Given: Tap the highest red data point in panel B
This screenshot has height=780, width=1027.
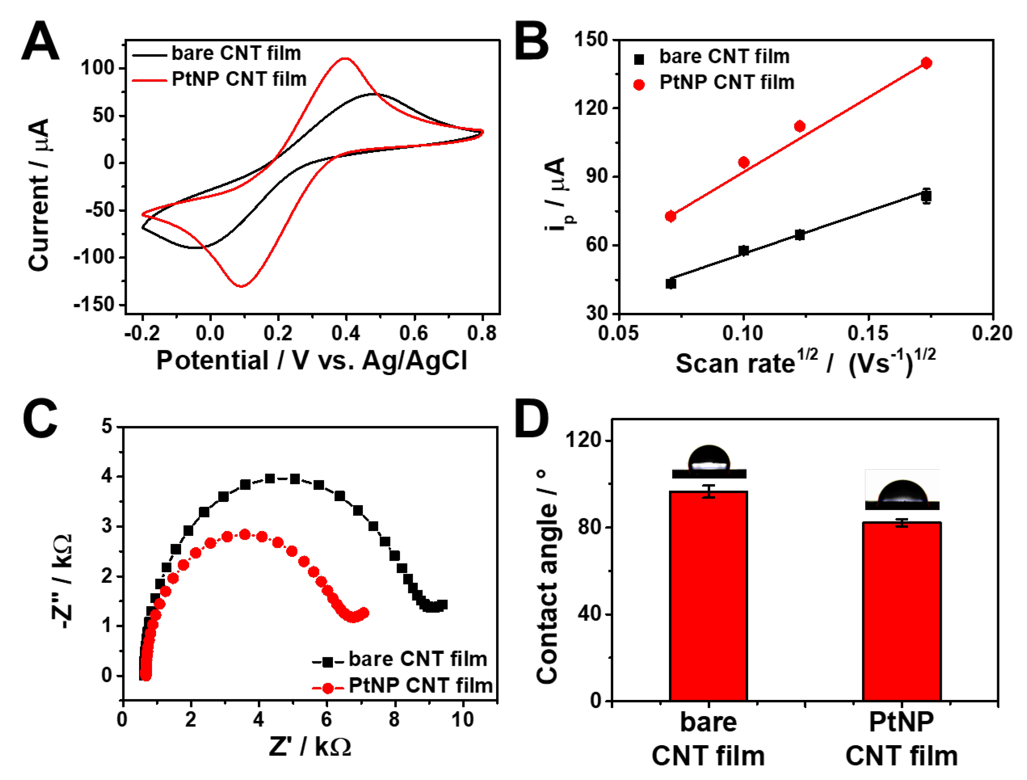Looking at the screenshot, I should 926,63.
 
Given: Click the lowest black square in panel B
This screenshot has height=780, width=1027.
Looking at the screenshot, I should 670,283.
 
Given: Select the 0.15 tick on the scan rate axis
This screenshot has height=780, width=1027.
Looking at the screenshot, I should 867,333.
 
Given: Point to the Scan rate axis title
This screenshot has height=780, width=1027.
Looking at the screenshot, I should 805,362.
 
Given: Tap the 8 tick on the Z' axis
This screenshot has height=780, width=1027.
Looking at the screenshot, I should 394,720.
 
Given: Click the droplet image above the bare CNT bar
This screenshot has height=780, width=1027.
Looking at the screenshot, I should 709,462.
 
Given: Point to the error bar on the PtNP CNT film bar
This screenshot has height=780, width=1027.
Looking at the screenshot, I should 902,523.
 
